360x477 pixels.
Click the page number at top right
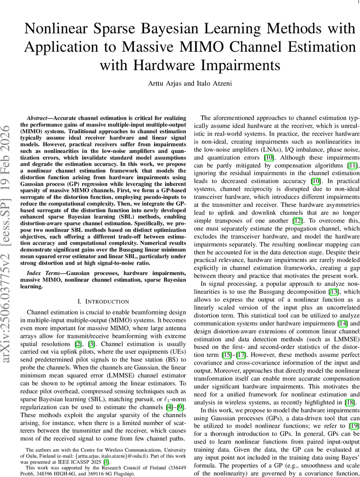353,2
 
